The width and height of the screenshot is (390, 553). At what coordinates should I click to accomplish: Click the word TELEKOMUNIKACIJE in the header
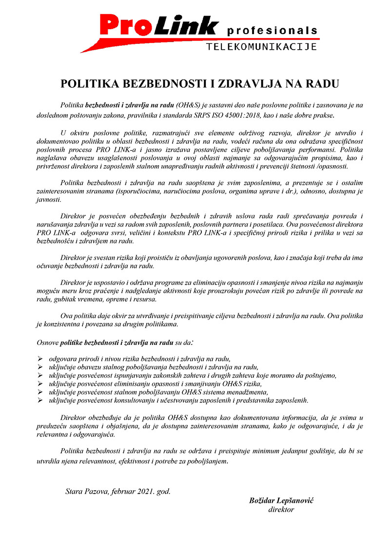coord(262,47)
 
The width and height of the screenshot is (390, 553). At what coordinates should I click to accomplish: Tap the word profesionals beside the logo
coord(272,31)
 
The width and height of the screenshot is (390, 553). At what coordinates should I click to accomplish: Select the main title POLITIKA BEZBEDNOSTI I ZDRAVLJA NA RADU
coord(199,84)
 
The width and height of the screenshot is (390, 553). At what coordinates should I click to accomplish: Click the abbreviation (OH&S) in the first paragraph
coord(188,105)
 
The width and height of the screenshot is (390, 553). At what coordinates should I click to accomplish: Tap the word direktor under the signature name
coord(281,510)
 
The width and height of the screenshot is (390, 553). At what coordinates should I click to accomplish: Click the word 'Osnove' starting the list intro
coord(48,342)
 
